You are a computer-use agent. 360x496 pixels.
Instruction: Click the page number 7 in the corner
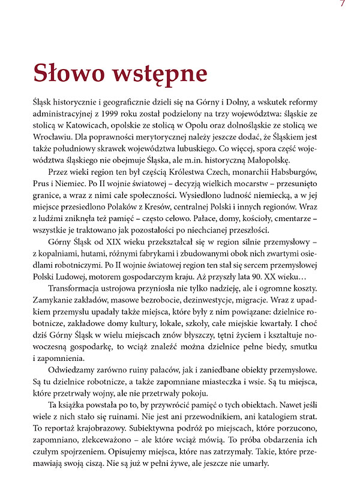coord(342,4)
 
